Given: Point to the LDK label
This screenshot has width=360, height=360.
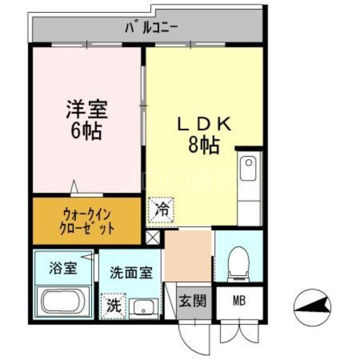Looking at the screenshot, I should [x=203, y=123].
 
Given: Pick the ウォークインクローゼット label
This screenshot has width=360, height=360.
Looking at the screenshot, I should [x=87, y=221].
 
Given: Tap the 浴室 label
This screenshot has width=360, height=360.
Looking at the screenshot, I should [x=63, y=268].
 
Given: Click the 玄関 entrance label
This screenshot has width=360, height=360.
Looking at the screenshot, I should [x=192, y=302].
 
